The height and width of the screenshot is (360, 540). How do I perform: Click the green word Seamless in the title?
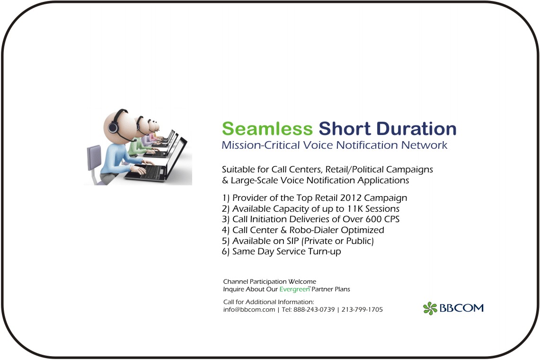click(267, 129)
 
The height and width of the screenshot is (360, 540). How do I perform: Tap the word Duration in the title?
click(416, 129)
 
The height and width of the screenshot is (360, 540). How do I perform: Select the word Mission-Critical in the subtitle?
click(261, 145)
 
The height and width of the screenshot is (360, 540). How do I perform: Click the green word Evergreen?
click(294, 289)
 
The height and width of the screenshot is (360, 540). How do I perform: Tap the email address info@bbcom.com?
click(249, 310)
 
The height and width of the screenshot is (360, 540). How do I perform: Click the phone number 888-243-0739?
click(314, 310)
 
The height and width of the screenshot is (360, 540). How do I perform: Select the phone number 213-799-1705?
click(362, 310)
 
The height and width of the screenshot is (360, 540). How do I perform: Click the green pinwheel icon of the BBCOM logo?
click(430, 308)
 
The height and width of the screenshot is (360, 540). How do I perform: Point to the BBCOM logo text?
click(461, 308)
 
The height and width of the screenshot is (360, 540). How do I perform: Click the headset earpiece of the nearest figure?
click(113, 127)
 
